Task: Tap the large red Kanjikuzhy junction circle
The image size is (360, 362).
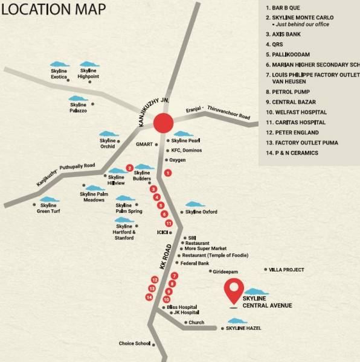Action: point(163,122)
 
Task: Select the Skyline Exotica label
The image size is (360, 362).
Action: point(59,74)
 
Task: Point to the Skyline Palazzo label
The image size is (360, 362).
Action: point(78,108)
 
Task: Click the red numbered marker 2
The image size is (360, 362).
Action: point(129,168)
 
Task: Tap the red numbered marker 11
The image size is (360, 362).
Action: point(169,223)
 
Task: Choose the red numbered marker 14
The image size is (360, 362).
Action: point(149,297)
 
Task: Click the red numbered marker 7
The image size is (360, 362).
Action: point(175,276)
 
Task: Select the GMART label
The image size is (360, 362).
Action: point(145,144)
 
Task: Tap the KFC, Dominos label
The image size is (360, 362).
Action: point(187,150)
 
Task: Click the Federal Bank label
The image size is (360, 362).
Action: point(195,263)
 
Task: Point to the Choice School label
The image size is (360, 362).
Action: point(135,344)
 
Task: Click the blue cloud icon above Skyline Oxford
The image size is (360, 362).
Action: point(192,205)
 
